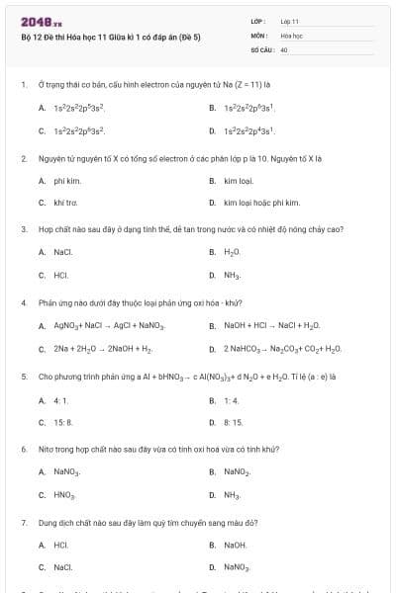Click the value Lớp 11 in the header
[289, 20]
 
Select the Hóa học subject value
[290, 34]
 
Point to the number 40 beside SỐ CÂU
[284, 47]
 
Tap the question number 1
[23, 84]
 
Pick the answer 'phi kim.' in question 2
[66, 180]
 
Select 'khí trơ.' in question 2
[65, 202]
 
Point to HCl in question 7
[61, 545]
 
